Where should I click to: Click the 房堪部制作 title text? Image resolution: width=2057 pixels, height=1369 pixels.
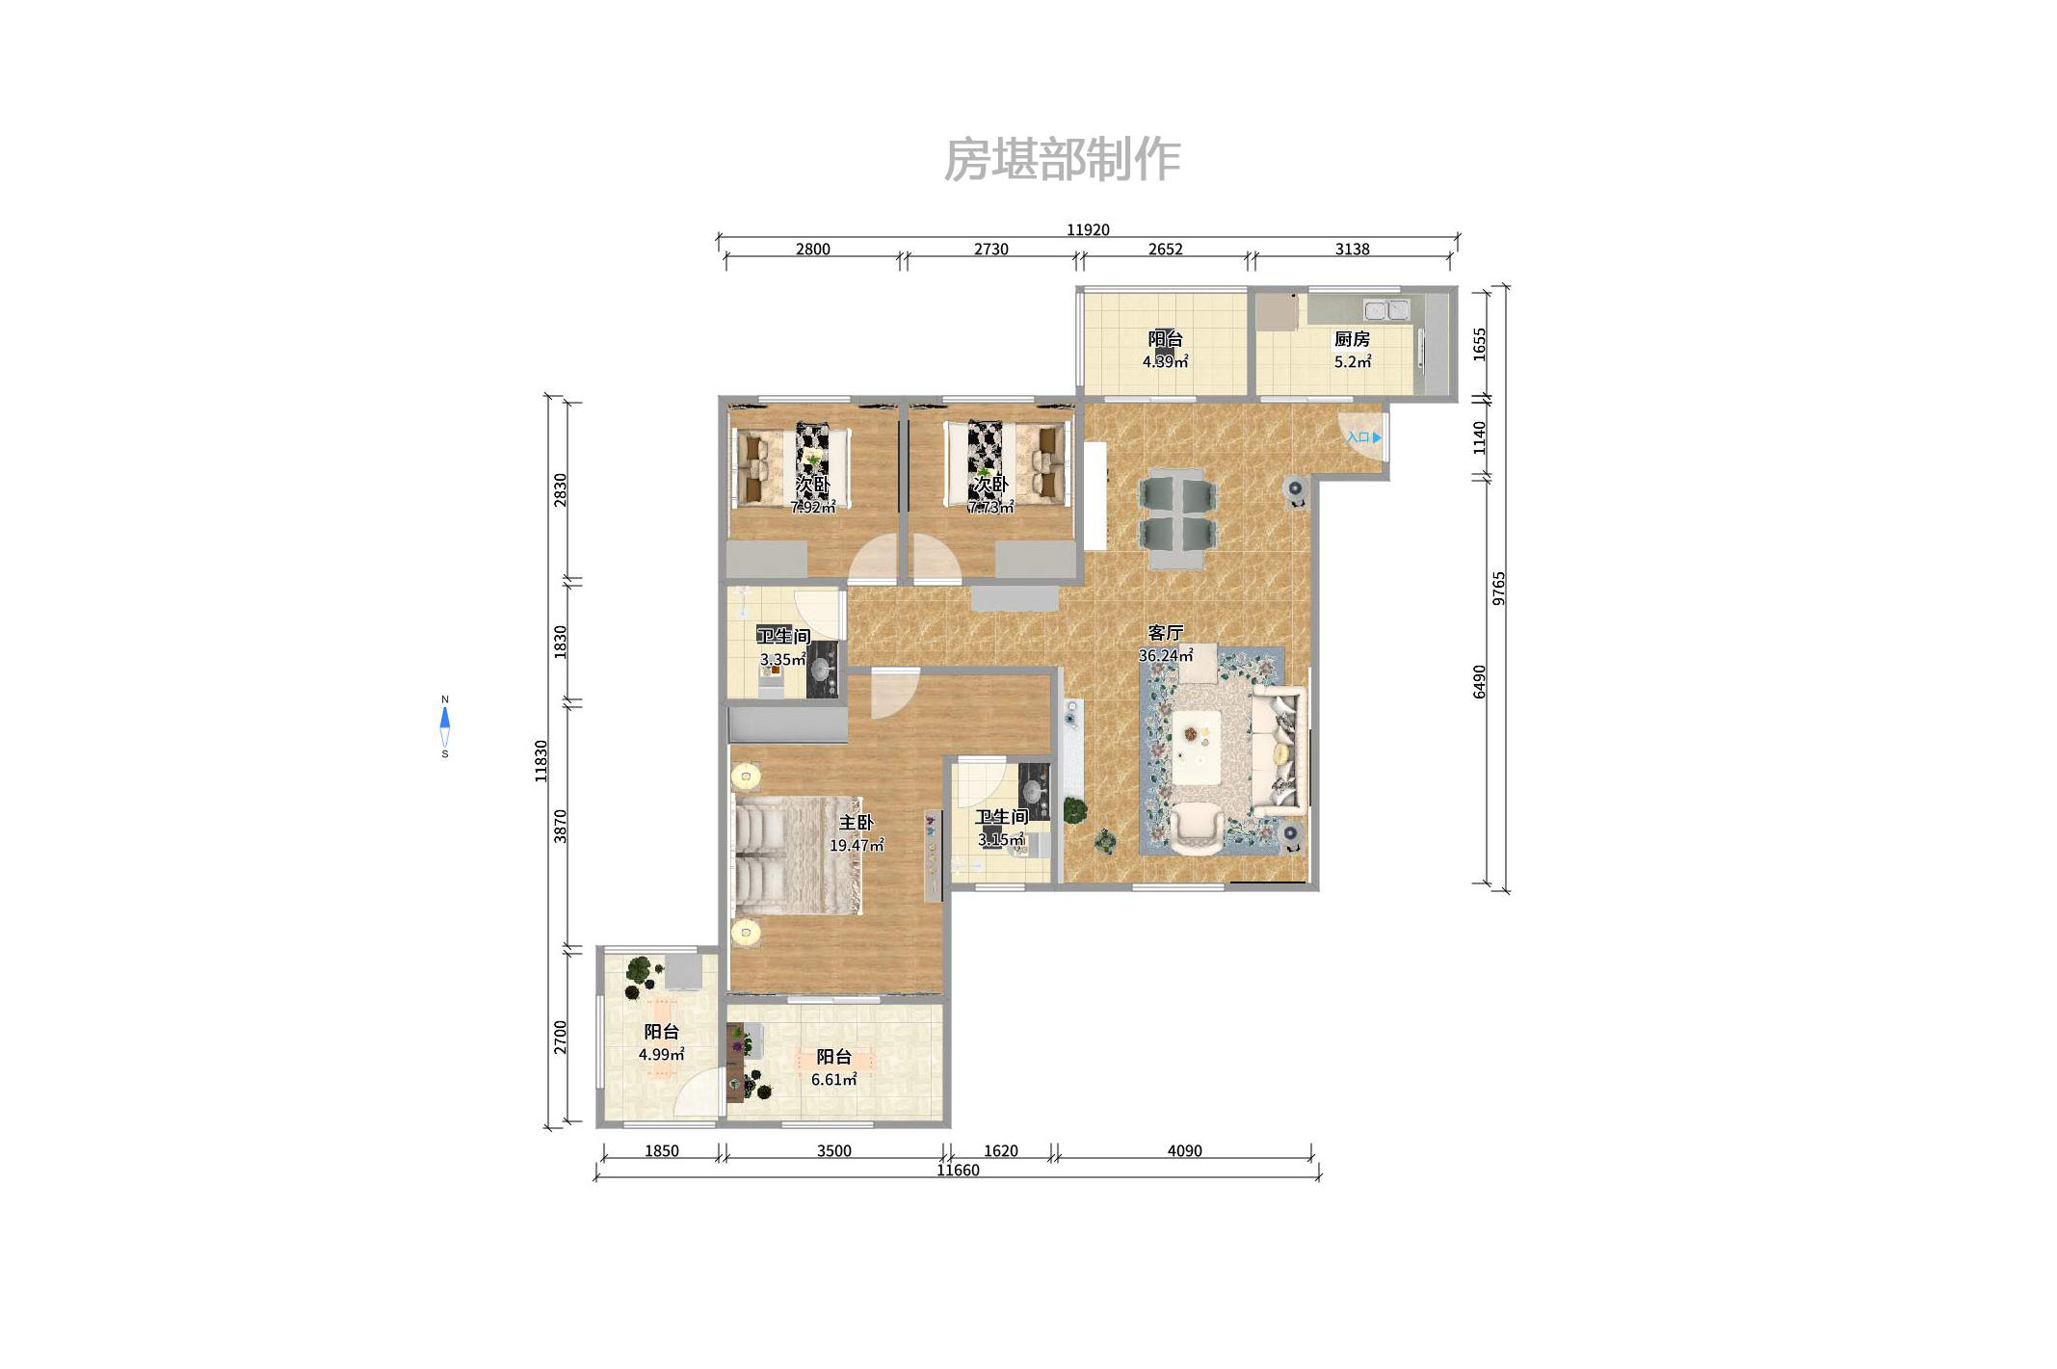(x=1061, y=160)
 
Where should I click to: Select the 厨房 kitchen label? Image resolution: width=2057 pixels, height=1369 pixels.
(x=1351, y=339)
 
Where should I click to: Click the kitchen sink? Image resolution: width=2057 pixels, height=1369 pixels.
(x=1385, y=310)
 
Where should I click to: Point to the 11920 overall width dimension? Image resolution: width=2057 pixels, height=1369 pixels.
(x=1087, y=229)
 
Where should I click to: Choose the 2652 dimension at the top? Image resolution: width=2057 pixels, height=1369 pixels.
(x=1165, y=250)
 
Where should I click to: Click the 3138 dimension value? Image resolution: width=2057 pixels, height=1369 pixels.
(x=1352, y=250)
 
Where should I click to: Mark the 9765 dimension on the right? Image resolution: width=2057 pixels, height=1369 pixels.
(x=1498, y=588)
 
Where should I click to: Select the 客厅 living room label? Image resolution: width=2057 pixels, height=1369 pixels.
(x=1165, y=633)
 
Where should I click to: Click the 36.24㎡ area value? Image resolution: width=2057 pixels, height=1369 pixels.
(x=1165, y=656)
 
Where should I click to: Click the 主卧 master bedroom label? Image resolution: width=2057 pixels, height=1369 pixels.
(x=856, y=823)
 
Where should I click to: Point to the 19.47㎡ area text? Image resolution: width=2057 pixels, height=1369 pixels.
(x=856, y=846)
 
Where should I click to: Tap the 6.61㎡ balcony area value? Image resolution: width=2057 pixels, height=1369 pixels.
(x=833, y=1080)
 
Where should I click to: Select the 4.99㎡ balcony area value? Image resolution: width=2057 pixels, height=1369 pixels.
(x=661, y=1055)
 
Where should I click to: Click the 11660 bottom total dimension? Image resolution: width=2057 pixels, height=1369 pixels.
(x=958, y=1171)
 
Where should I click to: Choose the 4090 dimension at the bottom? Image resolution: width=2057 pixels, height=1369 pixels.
(x=1184, y=1151)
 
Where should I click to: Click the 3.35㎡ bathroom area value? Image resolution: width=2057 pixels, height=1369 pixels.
(x=782, y=660)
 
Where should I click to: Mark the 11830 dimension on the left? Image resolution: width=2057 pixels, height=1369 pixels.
(x=541, y=761)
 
